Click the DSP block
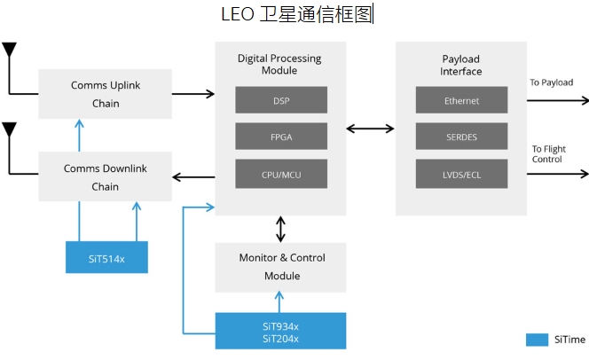pos(282,100)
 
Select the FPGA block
pos(282,136)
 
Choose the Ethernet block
pos(461,100)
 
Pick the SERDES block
pos(461,136)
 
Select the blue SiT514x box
pos(106,257)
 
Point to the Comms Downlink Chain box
pos(105,176)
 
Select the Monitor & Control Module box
pos(281,267)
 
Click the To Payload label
pos(552,82)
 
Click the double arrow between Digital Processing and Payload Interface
pos(370,129)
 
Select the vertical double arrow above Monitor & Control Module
pos(281,228)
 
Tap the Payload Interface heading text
pos(461,65)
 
